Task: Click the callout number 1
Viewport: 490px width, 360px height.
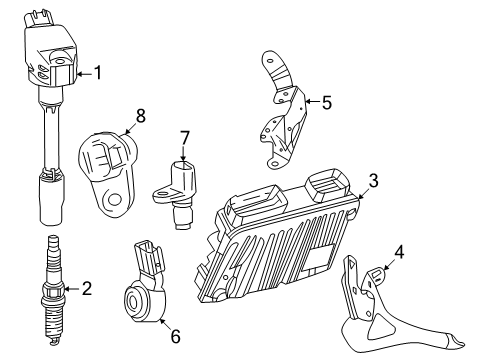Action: click(98, 71)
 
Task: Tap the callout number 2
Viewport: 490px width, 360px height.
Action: click(87, 289)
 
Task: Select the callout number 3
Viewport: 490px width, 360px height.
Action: click(372, 180)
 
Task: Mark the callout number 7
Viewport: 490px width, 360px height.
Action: click(184, 136)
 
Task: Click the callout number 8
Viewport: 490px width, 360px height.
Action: click(140, 116)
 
